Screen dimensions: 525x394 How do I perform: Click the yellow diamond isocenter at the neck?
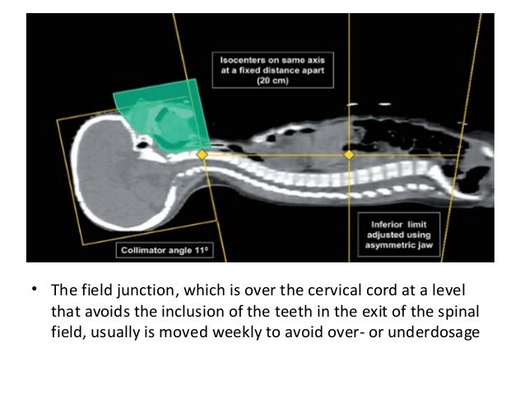click(x=200, y=155)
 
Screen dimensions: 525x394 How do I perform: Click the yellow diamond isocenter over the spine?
click(x=349, y=155)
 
